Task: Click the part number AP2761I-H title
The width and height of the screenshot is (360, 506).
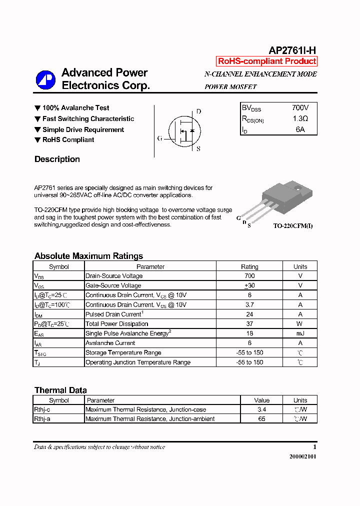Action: tap(292, 50)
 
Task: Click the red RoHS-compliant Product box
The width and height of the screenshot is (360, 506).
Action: tap(267, 61)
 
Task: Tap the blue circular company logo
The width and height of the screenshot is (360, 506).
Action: tap(45, 79)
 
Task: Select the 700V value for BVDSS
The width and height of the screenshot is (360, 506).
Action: tap(300, 108)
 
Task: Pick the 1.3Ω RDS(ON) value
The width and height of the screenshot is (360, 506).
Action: tap(300, 119)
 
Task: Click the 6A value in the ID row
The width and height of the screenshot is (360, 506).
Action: tap(300, 129)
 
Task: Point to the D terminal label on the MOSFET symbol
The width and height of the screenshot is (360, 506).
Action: tap(198, 111)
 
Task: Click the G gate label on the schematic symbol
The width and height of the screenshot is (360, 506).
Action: tap(159, 138)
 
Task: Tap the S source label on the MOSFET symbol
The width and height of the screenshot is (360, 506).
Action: tap(198, 148)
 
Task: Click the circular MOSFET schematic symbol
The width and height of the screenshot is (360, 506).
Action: tap(183, 131)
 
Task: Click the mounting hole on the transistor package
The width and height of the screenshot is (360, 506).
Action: tap(297, 188)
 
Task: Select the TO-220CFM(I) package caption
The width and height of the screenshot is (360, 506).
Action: tap(293, 226)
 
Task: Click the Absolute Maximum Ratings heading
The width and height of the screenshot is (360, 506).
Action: tap(88, 256)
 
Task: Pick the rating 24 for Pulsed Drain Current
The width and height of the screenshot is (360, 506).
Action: tap(249, 314)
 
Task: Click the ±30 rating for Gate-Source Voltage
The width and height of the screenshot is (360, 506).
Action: tap(249, 285)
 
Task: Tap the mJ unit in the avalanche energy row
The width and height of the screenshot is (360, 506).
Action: tap(300, 333)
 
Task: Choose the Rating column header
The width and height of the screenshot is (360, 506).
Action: tap(249, 266)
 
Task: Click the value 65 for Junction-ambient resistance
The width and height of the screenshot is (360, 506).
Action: tap(261, 419)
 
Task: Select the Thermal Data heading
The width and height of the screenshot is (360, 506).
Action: tap(60, 390)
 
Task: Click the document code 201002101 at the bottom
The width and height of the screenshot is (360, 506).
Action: tap(302, 457)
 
